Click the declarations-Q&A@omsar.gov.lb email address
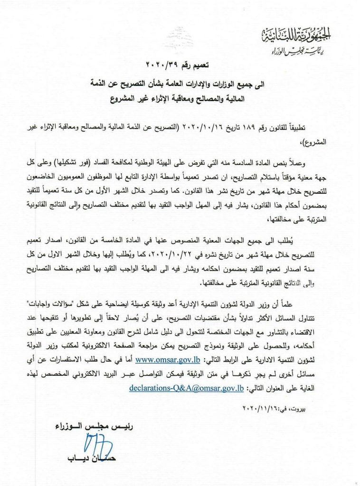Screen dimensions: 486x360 point(187,388)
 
